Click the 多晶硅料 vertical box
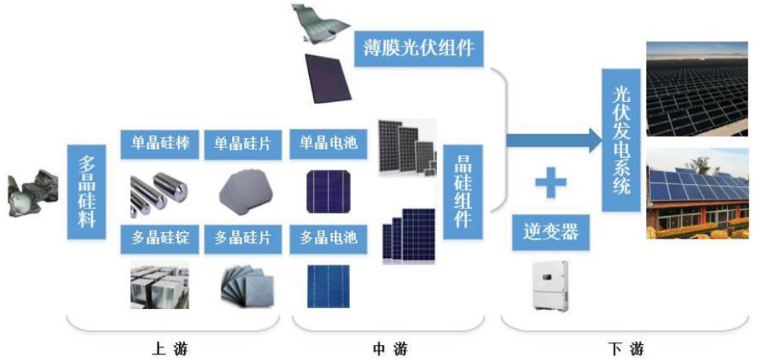(x=86, y=192)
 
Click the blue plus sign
(x=551, y=183)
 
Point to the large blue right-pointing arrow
(x=553, y=139)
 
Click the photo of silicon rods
(x=159, y=193)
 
